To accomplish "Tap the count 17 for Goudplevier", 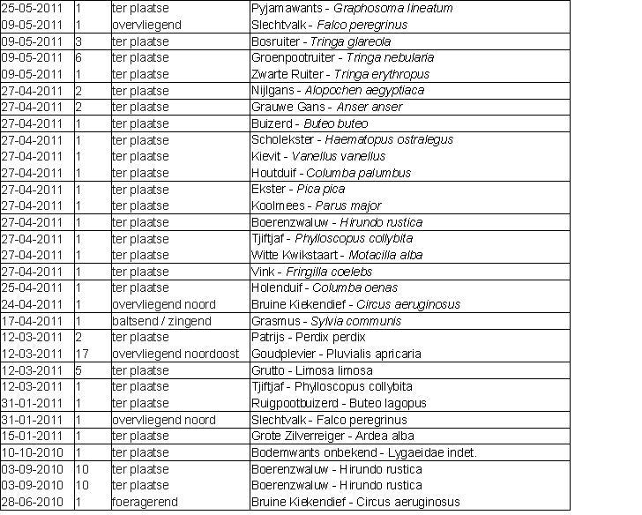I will (82, 354).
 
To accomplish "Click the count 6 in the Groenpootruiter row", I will (78, 58).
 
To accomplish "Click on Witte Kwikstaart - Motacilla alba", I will (337, 255).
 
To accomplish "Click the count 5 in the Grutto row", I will (78, 370).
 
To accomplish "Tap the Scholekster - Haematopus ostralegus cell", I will (353, 139).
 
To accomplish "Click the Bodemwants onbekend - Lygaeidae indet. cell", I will (364, 452).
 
